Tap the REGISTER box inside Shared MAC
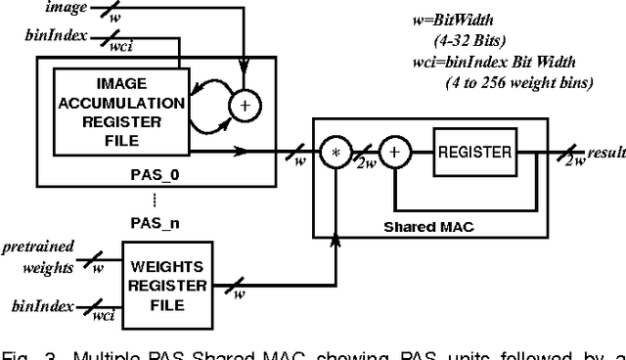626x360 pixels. [x=474, y=153]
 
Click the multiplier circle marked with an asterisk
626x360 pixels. [x=335, y=155]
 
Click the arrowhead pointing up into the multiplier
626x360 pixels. [x=335, y=177]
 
